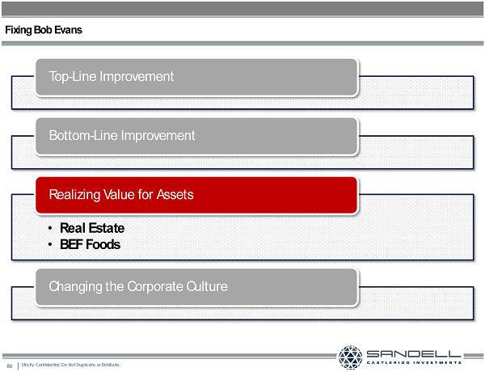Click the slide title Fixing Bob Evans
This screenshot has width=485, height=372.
click(44, 30)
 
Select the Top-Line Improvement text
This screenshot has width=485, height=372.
click(112, 77)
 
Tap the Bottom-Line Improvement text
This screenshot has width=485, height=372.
click(122, 136)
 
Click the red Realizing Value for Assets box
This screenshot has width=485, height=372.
click(196, 195)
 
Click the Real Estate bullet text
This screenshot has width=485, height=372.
click(92, 228)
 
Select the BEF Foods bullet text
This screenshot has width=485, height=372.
click(90, 244)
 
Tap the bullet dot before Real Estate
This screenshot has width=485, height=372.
click(50, 228)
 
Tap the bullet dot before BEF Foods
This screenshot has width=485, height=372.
click(50, 244)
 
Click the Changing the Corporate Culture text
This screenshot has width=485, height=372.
click(138, 286)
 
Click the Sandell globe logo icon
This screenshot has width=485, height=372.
click(350, 357)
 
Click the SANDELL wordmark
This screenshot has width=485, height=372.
click(414, 353)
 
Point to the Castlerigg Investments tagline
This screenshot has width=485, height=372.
click(414, 362)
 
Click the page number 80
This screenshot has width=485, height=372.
click(9, 366)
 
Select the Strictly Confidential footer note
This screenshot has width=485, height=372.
click(71, 365)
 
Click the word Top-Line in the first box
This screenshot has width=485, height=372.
click(73, 77)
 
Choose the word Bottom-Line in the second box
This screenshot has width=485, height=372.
click(83, 136)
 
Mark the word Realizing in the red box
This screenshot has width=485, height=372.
click(74, 195)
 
